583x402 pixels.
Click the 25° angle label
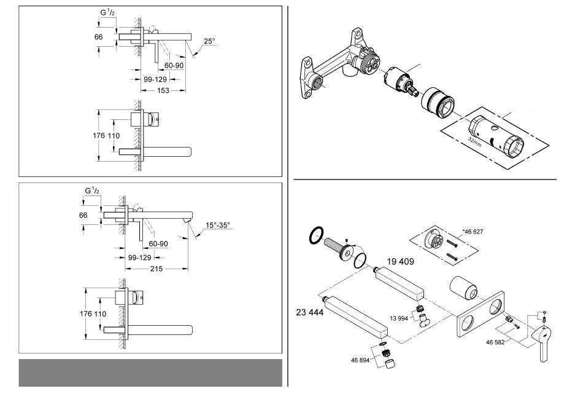(209, 42)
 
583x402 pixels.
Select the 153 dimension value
(163, 91)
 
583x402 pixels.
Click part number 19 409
(400, 261)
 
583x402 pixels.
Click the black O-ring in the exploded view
(316, 234)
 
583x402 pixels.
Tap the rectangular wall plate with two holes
(481, 317)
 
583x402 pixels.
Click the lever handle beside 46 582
(542, 342)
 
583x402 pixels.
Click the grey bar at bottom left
(150, 372)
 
